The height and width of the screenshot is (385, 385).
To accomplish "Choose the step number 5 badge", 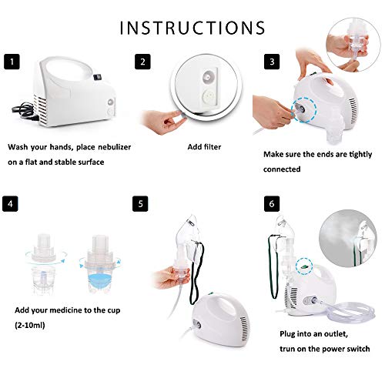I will coord(140,205).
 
